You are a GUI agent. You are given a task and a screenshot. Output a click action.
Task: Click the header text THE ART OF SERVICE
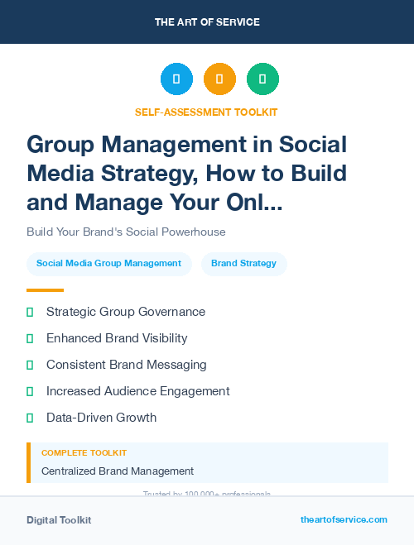[207, 22]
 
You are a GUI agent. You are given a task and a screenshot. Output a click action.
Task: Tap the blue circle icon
[176, 79]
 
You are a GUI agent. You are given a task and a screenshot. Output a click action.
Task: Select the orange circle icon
[219, 79]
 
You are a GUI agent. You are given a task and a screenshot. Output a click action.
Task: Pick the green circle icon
[262, 79]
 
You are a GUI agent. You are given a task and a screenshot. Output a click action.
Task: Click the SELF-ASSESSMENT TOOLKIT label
[206, 112]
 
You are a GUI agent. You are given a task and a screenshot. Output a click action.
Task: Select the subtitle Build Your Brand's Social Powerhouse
[126, 232]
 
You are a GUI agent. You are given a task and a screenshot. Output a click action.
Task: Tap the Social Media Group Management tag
[108, 264]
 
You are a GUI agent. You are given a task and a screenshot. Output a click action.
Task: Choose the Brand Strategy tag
[243, 264]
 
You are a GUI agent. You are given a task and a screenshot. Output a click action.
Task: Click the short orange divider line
[45, 290]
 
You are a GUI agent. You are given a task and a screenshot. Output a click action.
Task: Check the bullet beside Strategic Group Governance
[30, 312]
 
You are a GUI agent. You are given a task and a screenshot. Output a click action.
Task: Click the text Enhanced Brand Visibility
[117, 338]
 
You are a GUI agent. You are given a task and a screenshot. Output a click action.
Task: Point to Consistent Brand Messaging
[126, 365]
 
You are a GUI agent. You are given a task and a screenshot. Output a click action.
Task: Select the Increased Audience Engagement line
[137, 391]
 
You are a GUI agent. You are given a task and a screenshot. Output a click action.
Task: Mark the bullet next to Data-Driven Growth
[30, 418]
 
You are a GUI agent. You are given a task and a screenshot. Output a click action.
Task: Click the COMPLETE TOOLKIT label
[84, 453]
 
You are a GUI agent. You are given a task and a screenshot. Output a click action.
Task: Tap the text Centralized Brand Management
[118, 471]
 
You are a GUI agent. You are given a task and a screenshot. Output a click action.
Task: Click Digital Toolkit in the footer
[59, 520]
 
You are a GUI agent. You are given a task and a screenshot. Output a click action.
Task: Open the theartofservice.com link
[344, 519]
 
